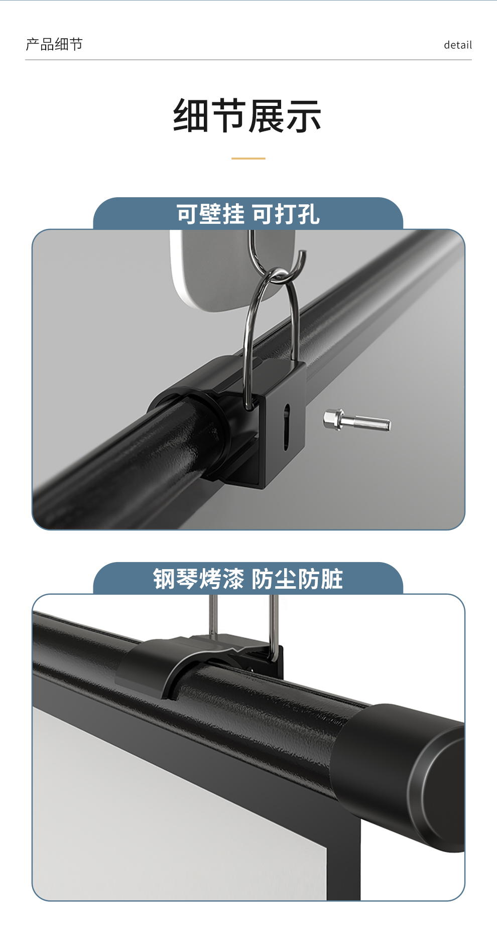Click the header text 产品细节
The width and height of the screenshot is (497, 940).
(54, 45)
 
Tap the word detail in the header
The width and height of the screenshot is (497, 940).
(458, 45)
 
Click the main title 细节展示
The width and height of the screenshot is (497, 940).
(247, 116)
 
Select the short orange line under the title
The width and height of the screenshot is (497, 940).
(248, 159)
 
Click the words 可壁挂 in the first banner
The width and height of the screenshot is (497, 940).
(210, 214)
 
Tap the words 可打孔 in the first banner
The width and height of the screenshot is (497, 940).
(286, 214)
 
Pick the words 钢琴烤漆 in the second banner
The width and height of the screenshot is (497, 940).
(198, 579)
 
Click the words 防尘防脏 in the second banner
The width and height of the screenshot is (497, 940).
(297, 579)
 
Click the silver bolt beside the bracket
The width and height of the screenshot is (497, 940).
(357, 421)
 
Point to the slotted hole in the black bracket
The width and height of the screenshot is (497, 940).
(286, 427)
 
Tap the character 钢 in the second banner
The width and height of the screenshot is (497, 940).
(164, 579)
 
